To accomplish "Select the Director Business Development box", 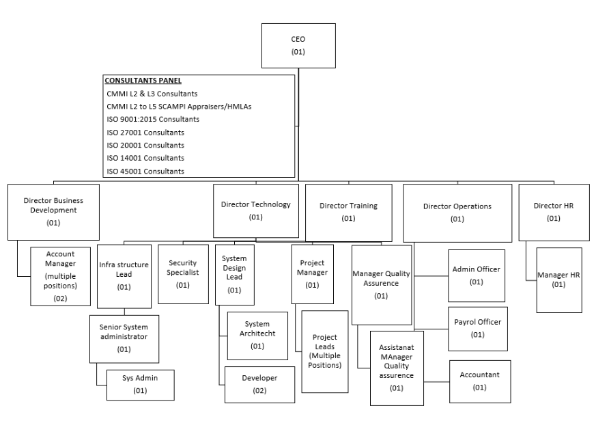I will pyautogui.click(x=53, y=212).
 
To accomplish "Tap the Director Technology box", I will pyautogui.click(x=256, y=211).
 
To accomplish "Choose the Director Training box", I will pyautogui.click(x=348, y=212).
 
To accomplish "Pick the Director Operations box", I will pyautogui.click(x=457, y=212).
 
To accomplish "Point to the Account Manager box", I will pyautogui.click(x=60, y=275).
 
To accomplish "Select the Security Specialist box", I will pyautogui.click(x=183, y=273).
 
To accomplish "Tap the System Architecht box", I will pyautogui.click(x=257, y=335).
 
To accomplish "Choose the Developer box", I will pyautogui.click(x=259, y=384).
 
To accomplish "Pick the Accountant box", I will pyautogui.click(x=479, y=381).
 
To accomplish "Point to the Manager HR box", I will pyautogui.click(x=559, y=280).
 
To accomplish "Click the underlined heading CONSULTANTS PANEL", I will pyautogui.click(x=143, y=81).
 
